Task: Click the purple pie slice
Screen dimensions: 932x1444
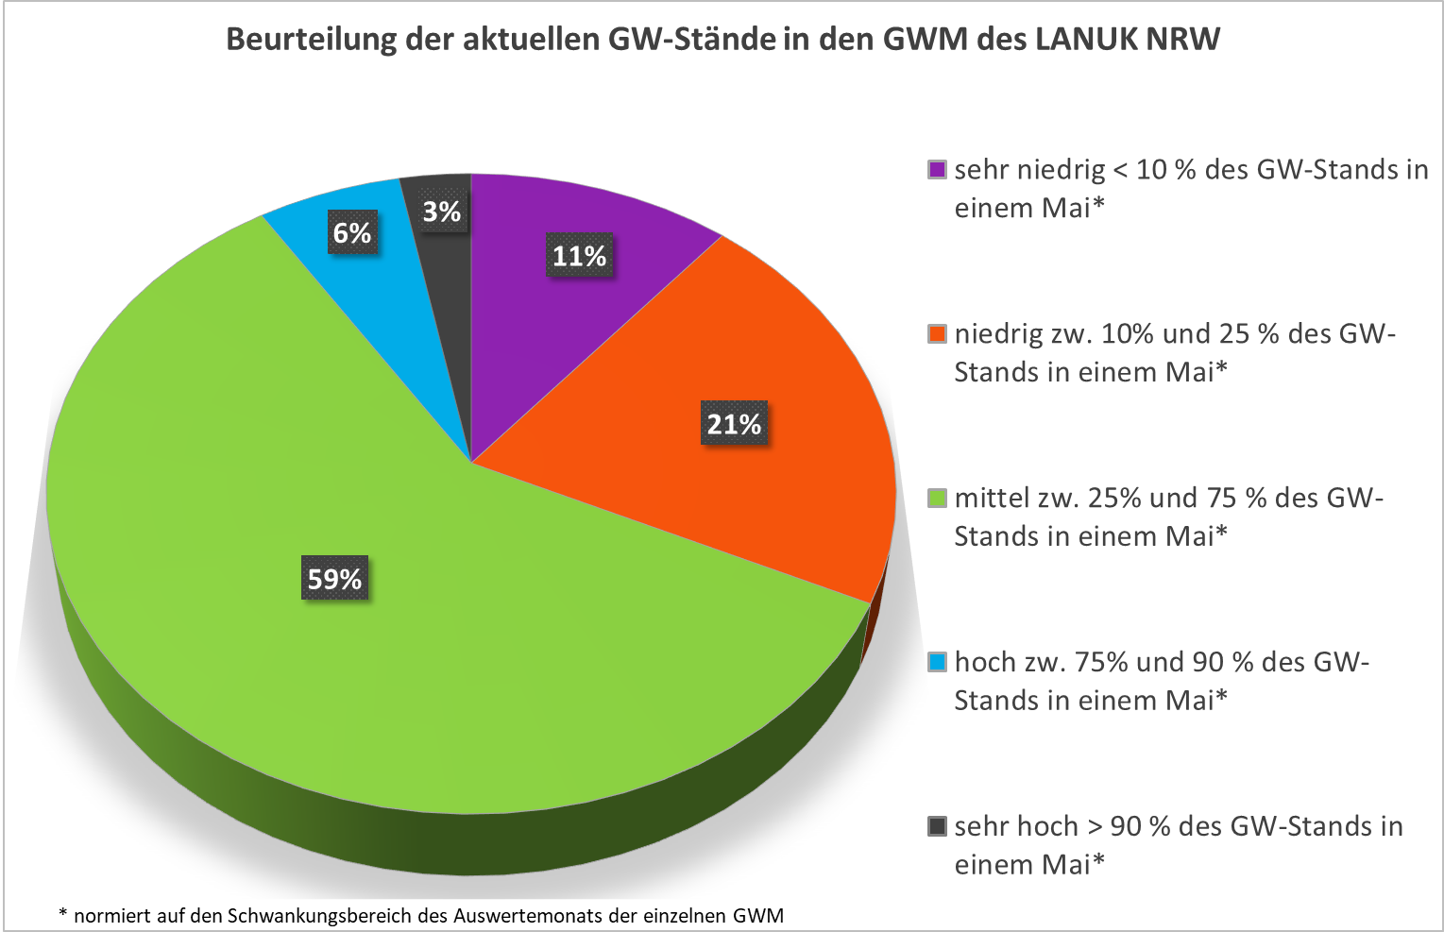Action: [x=529, y=312]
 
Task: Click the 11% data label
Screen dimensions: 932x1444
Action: [x=579, y=256]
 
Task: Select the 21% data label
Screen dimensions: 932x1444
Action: [x=734, y=424]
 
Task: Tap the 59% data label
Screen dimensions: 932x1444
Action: [x=334, y=578]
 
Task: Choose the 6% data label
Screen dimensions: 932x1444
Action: [x=352, y=232]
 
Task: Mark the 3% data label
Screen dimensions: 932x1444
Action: [x=441, y=212]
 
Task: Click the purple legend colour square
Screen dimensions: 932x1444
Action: [x=937, y=170]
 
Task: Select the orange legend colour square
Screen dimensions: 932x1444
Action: [x=937, y=334]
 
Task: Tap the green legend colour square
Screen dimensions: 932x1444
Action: [x=937, y=499]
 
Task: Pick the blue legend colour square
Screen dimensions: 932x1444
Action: [x=937, y=663]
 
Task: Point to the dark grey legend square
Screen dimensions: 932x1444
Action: [x=937, y=827]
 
